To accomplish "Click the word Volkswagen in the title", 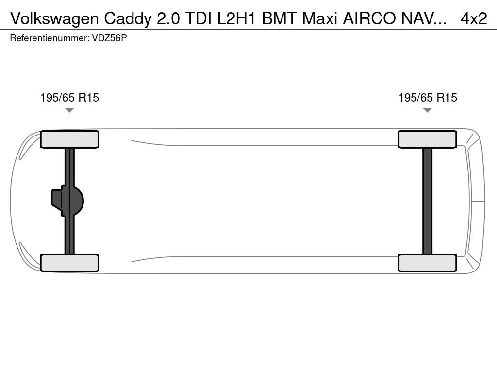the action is click(54, 19).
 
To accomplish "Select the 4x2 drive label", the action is click(474, 19).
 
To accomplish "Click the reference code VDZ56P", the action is click(109, 38).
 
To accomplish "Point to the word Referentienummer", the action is click(50, 38).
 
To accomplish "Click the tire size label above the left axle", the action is click(69, 98).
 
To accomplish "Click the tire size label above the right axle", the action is click(428, 98).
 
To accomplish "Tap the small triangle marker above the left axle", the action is click(69, 110).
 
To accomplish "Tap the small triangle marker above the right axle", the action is click(427, 110).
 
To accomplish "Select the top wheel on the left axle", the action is click(69, 139).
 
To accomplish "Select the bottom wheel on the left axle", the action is click(69, 263).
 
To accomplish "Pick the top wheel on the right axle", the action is click(427, 139).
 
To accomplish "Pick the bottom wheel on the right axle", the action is click(427, 263).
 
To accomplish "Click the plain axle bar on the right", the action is click(427, 201).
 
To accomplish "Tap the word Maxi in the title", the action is click(319, 19).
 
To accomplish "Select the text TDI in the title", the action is click(199, 19).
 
